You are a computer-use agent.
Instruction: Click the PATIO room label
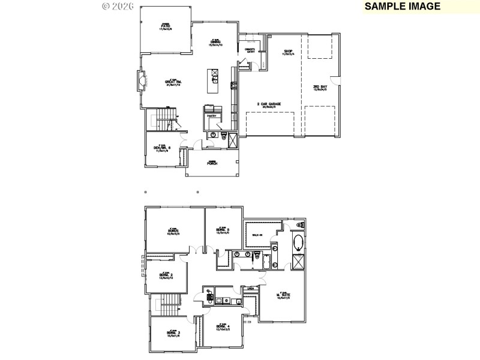[x=166, y=26]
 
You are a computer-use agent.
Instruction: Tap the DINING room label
[x=215, y=41]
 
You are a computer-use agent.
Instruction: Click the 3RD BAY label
[x=320, y=87]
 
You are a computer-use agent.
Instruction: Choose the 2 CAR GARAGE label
[x=269, y=104]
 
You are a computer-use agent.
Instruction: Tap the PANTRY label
[x=211, y=116]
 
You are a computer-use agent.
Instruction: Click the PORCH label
[x=212, y=163]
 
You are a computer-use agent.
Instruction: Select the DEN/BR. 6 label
[x=163, y=148]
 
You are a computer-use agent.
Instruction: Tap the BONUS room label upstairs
[x=174, y=230]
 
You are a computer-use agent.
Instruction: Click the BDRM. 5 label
[x=223, y=230]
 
